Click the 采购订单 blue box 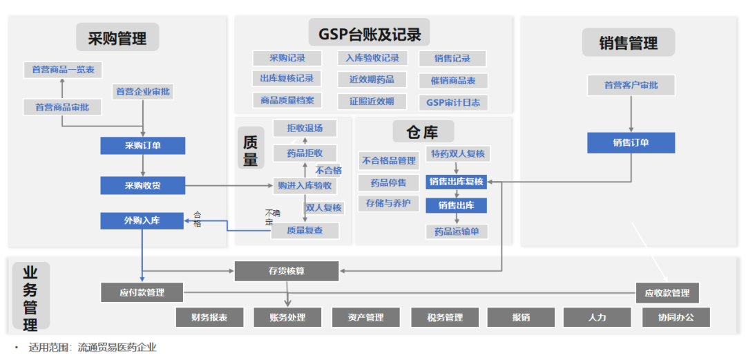click(x=143, y=145)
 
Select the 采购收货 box click(x=143, y=185)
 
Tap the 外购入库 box click(x=142, y=220)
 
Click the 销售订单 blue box click(x=631, y=143)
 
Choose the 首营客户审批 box click(x=631, y=85)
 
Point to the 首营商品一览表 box click(x=63, y=70)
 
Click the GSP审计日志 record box click(x=453, y=102)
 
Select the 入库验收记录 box click(x=372, y=58)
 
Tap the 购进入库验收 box click(x=305, y=185)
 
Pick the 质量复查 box click(x=305, y=230)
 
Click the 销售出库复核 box click(x=456, y=182)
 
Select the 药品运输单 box click(x=457, y=231)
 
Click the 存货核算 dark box click(x=287, y=271)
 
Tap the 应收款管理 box click(x=667, y=293)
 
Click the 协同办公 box click(x=676, y=317)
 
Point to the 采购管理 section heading click(x=117, y=38)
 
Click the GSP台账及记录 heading click(x=370, y=32)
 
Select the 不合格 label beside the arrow click(x=329, y=170)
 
